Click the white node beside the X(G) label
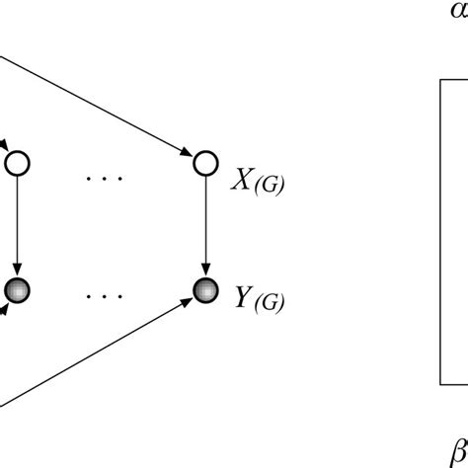204,161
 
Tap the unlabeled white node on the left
18,161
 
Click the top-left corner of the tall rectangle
439,80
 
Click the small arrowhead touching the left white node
5,149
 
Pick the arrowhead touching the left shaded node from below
6,305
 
